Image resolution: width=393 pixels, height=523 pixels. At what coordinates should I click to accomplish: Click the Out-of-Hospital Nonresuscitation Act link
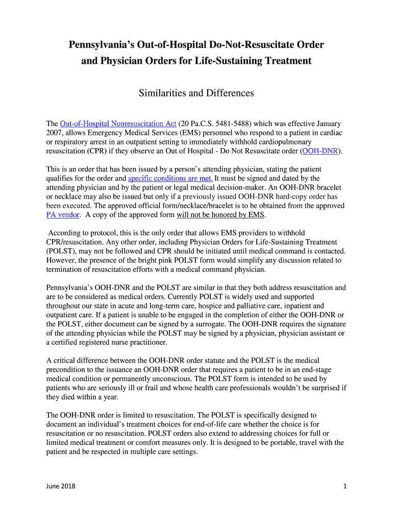[118, 124]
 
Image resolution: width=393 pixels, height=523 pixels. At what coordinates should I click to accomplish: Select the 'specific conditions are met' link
[170, 178]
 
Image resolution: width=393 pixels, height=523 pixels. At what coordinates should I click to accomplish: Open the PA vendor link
[63, 215]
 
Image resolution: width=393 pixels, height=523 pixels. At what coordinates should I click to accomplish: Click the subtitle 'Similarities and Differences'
[196, 93]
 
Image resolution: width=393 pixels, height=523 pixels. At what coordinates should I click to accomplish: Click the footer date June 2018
[61, 486]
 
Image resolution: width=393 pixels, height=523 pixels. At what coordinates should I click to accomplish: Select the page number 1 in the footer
[345, 486]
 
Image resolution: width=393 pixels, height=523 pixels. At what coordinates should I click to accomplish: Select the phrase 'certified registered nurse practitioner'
[112, 342]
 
